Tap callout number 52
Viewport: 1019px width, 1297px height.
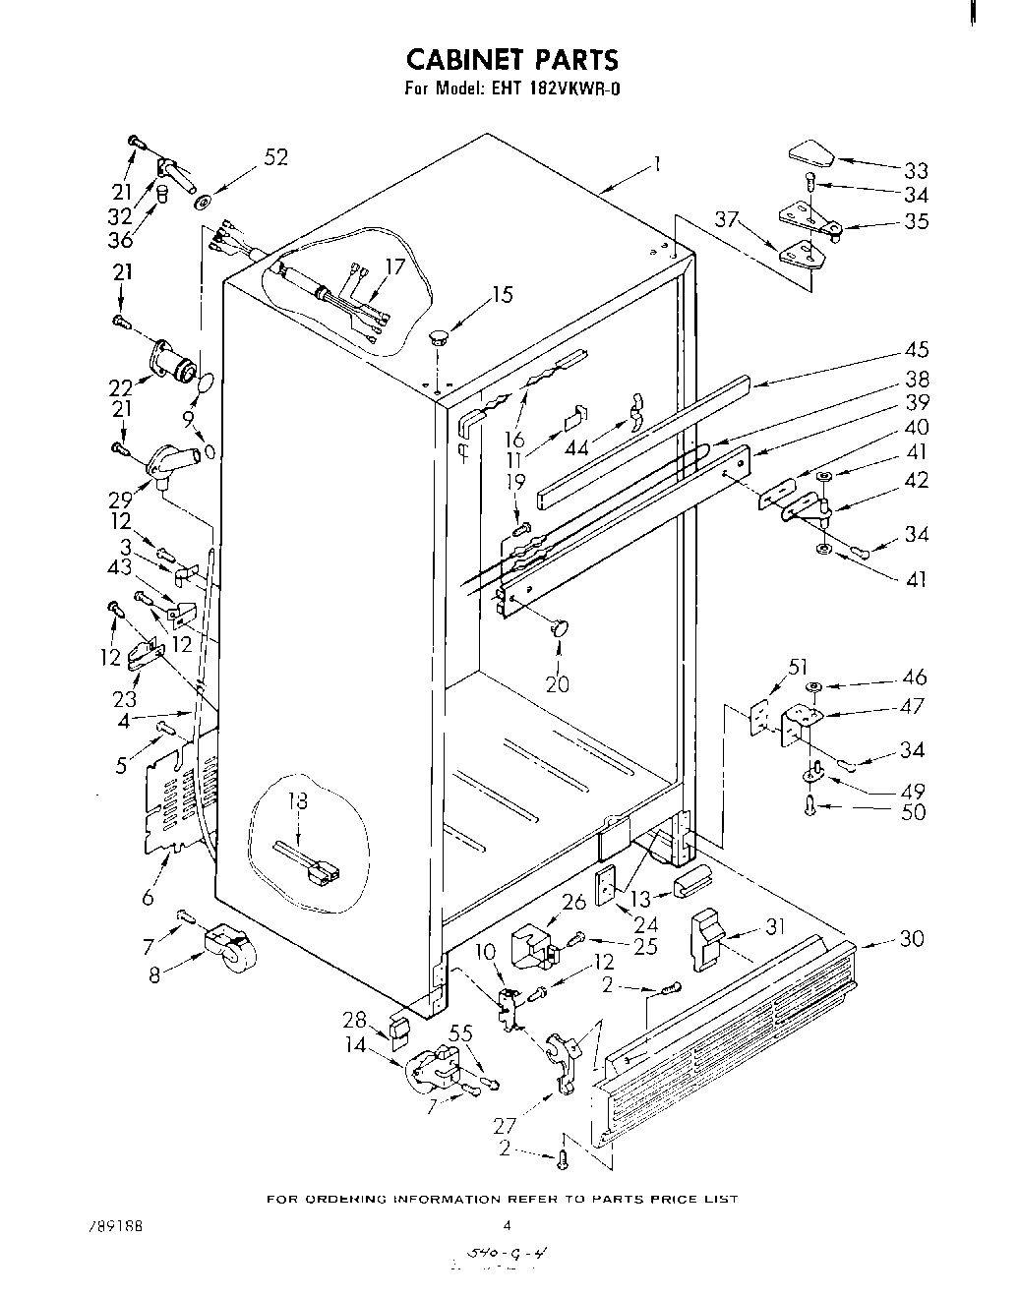(275, 157)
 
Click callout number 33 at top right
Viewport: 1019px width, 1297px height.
(915, 170)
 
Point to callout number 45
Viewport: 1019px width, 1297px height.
(915, 350)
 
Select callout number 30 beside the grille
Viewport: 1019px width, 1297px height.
(912, 939)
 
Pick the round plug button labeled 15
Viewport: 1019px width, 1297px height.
(439, 338)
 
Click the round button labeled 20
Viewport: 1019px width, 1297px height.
(560, 627)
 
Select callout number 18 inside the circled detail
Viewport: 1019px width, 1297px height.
(296, 801)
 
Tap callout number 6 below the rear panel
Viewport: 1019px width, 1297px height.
(148, 896)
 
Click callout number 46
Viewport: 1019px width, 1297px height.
(914, 678)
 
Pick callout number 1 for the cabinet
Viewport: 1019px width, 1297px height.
(656, 163)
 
